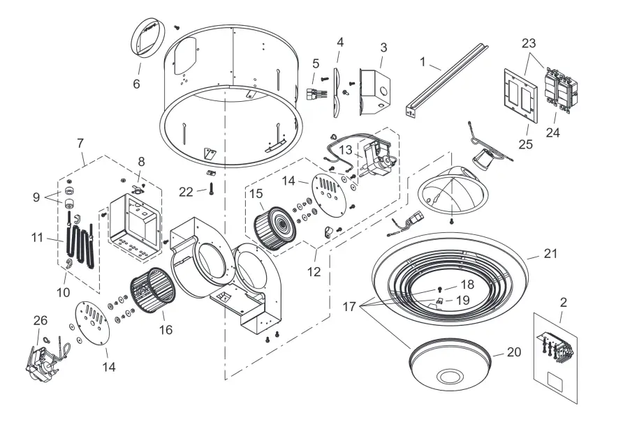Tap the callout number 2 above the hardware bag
tap(564, 303)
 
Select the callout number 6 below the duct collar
tap(137, 84)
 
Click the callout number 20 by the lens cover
tap(513, 353)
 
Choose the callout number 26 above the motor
tap(41, 320)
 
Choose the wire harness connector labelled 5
tap(317, 96)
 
